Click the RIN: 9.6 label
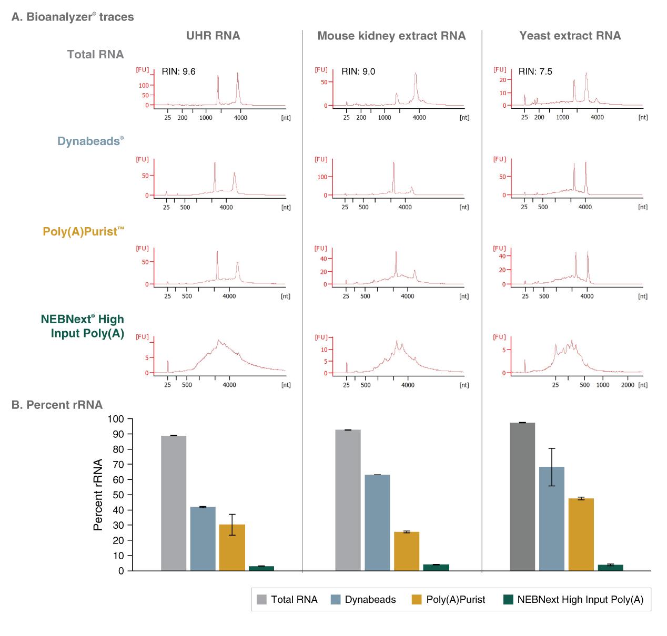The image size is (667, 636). [x=178, y=71]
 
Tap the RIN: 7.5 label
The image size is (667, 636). [x=535, y=71]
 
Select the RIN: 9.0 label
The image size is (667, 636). [x=358, y=71]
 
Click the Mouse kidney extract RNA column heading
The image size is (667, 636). [x=391, y=36]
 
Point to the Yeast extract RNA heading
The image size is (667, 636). [x=570, y=36]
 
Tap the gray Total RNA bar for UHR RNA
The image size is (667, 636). [x=174, y=502]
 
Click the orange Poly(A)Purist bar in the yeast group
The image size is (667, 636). [x=581, y=534]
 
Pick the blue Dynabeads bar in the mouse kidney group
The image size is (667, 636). [x=377, y=522]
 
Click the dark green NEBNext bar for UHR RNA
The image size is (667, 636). [x=261, y=568]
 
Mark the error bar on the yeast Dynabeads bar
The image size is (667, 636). [x=552, y=467]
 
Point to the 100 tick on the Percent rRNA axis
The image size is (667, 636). [x=116, y=419]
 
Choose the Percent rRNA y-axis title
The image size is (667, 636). [x=98, y=495]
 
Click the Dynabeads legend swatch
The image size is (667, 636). [x=336, y=600]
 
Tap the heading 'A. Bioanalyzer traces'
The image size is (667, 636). [x=73, y=17]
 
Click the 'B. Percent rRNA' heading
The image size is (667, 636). [x=57, y=405]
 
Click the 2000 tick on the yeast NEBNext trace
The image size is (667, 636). [x=628, y=385]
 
